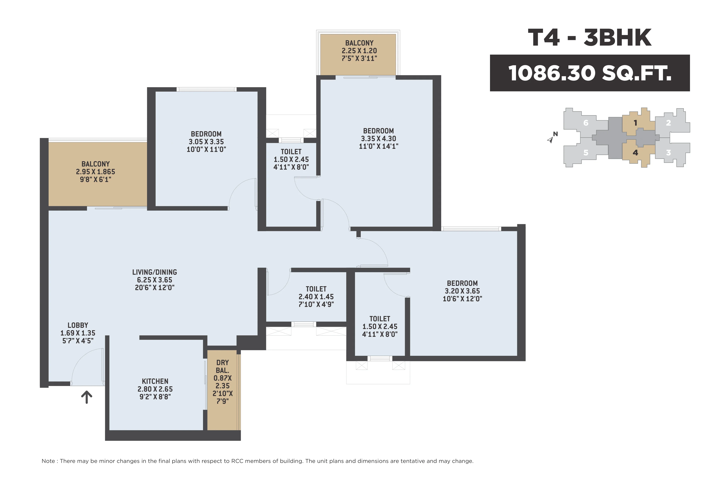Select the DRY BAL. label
pyautogui.click(x=223, y=366)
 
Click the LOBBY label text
pyautogui.click(x=78, y=325)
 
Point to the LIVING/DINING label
pyautogui.click(x=155, y=272)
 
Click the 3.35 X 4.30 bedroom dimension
pyautogui.click(x=378, y=139)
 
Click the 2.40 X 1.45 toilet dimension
pyautogui.click(x=316, y=297)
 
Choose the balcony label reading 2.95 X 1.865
pyautogui.click(x=96, y=172)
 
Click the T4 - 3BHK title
pyautogui.click(x=590, y=38)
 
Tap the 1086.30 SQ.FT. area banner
pyautogui.click(x=590, y=73)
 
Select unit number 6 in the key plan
pyautogui.click(x=586, y=123)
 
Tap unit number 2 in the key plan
pyautogui.click(x=668, y=123)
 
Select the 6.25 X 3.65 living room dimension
pyautogui.click(x=155, y=280)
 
